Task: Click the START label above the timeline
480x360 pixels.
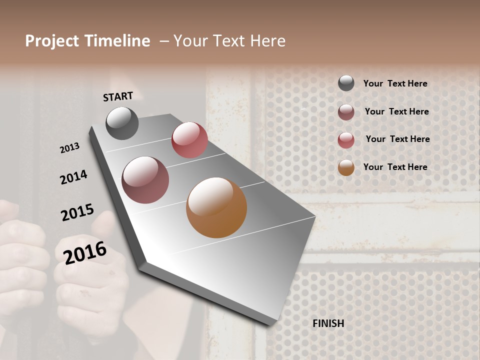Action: click(x=118, y=96)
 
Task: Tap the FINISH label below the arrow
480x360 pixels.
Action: click(x=328, y=323)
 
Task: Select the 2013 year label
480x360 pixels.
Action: click(x=70, y=148)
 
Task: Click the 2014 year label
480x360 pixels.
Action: click(x=73, y=177)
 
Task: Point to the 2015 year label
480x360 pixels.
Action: click(x=77, y=212)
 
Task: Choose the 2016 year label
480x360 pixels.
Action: click(x=85, y=252)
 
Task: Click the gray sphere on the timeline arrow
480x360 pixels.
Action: click(x=122, y=123)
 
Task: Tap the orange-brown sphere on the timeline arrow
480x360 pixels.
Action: click(x=216, y=207)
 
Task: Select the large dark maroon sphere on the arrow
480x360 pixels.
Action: click(x=145, y=180)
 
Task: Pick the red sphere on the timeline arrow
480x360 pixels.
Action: click(x=189, y=140)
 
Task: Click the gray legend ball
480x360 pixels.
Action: click(x=346, y=83)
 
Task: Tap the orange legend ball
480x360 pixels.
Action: click(x=346, y=167)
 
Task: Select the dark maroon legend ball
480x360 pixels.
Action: click(x=346, y=112)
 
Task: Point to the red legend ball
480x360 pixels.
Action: click(x=346, y=140)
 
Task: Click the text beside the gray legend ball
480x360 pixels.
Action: click(x=395, y=83)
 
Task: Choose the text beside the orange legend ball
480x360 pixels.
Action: click(x=395, y=167)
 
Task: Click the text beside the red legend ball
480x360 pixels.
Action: click(x=397, y=139)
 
